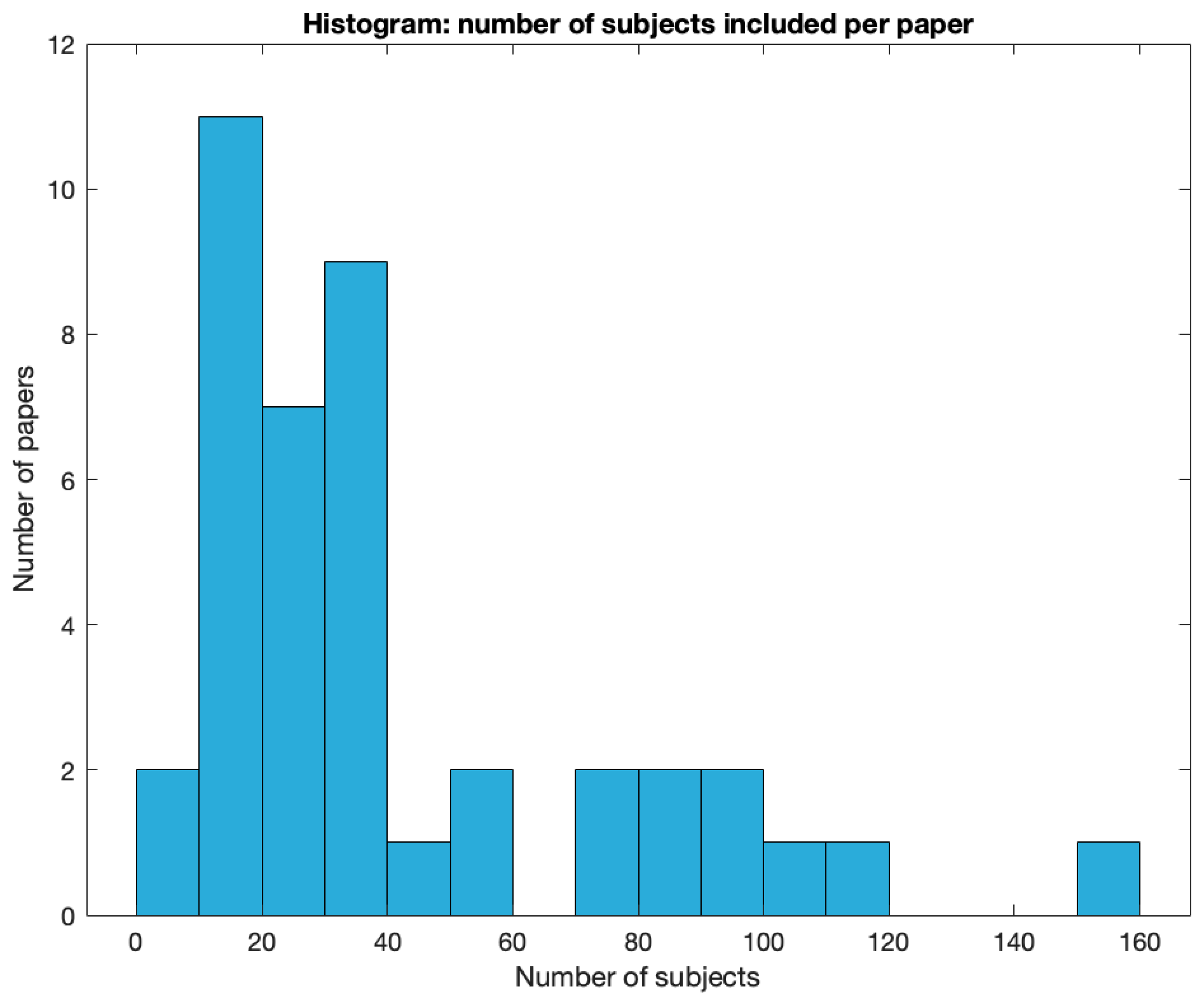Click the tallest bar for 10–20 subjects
(231, 514)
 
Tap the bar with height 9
(356, 588)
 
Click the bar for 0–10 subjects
(168, 842)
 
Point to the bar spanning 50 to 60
(481, 842)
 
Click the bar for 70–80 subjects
(606, 842)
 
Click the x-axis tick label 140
(1014, 942)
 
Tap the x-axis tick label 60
(512, 942)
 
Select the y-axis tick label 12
(62, 45)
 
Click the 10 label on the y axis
(62, 190)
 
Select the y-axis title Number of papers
(24, 479)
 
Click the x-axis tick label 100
(763, 942)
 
